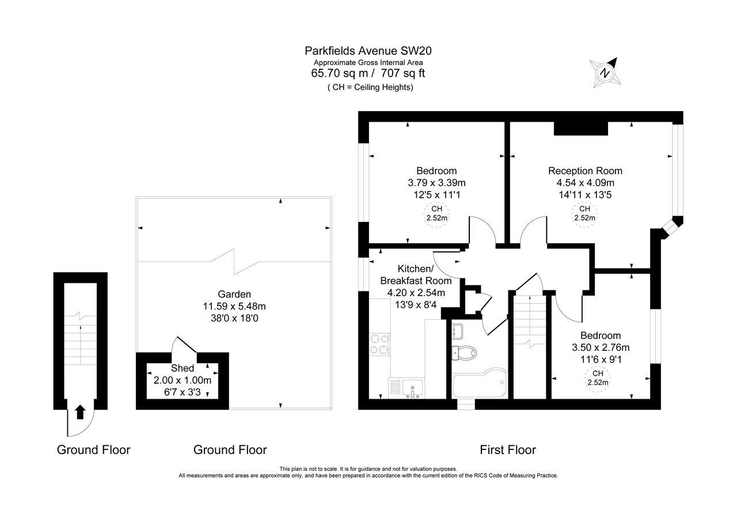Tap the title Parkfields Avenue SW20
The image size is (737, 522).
point(368,51)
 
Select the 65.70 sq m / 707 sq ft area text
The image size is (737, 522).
point(368,73)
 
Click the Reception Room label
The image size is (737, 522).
point(585,171)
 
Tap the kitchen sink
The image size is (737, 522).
point(412,387)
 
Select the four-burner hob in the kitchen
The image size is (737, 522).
point(379,344)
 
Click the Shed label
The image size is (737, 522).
point(182,368)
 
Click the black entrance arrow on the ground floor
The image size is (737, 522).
point(80,411)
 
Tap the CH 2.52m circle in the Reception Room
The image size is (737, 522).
point(584,214)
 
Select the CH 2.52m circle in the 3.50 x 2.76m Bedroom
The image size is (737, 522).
point(598,378)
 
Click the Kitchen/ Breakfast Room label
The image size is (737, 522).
point(415,275)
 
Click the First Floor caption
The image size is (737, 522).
point(507,450)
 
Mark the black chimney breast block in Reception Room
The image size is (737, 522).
point(580,128)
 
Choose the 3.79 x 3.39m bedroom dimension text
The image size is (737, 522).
point(436,183)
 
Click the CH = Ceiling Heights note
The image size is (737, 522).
point(370,87)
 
